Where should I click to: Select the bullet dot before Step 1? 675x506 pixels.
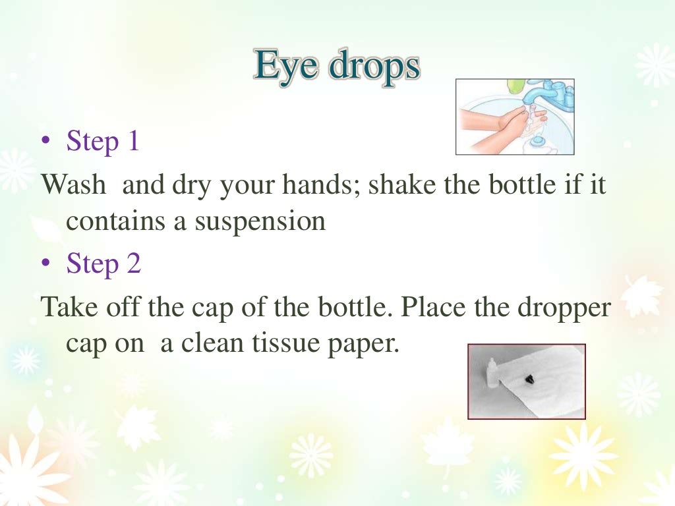[45, 142]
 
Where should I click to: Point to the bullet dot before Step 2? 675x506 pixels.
[45, 265]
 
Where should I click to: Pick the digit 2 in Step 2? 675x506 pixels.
[134, 264]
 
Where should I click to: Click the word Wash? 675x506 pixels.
[73, 185]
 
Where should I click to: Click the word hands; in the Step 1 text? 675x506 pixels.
[313, 185]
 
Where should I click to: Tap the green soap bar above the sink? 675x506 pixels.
[516, 86]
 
